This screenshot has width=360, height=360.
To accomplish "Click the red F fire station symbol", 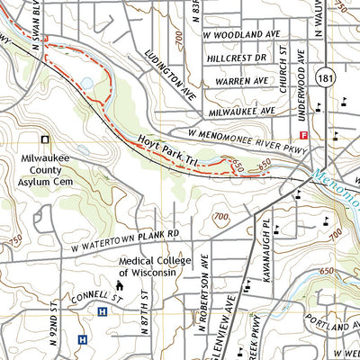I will tap(304, 136).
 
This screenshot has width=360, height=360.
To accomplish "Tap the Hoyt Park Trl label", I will tap(168, 149).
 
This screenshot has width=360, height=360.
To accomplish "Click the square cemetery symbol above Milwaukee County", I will tap(45, 139).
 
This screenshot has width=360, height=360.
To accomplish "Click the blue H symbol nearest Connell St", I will tap(102, 311).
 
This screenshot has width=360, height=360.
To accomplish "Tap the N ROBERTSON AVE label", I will tap(205, 275).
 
